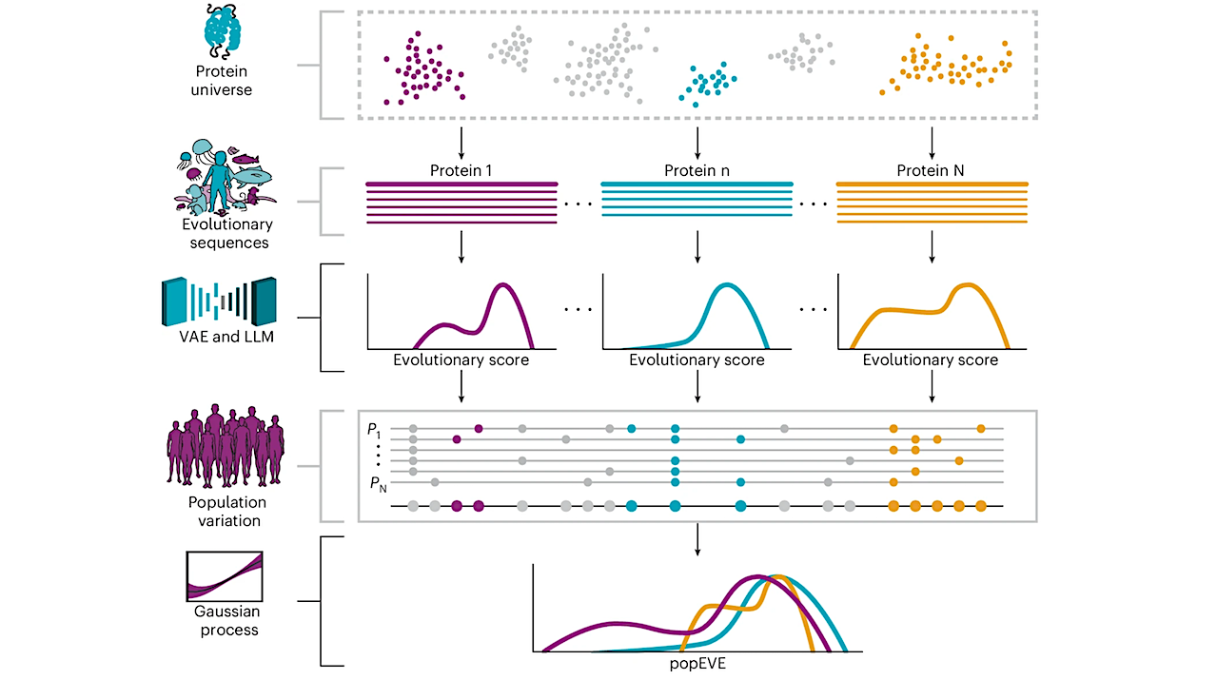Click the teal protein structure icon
tap(225, 35)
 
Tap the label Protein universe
tap(225, 81)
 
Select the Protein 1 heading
tap(461, 170)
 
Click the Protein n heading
tap(697, 170)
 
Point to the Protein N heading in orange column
tap(931, 170)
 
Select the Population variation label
tap(226, 511)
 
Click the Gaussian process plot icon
tap(225, 576)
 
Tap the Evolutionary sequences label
tap(226, 233)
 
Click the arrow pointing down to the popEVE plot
tap(697, 539)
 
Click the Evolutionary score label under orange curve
tap(931, 360)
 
